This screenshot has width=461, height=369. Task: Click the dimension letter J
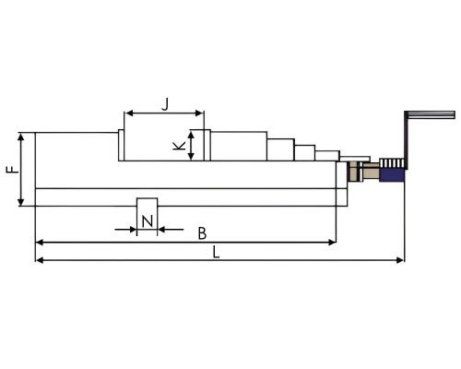tap(166, 104)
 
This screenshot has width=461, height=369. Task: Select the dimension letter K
tap(180, 146)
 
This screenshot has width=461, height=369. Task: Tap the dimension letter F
tap(13, 169)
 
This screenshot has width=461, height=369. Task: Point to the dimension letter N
tap(148, 221)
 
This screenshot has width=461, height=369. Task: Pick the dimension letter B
tap(202, 233)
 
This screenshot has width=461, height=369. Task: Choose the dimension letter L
tap(217, 253)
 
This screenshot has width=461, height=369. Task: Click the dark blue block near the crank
tap(392, 175)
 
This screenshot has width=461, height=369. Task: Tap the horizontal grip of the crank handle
tap(431, 114)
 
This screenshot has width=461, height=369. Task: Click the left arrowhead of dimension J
tap(129, 113)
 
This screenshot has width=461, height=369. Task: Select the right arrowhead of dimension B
tap(332, 243)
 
